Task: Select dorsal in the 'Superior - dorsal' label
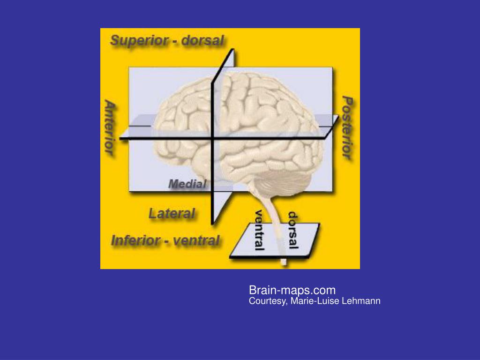(202, 41)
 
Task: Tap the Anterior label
(109, 127)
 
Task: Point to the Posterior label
(347, 127)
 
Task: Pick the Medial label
(187, 184)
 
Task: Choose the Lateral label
(172, 214)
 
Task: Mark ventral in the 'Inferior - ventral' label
(196, 241)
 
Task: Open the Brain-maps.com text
(292, 290)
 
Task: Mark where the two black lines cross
(213, 139)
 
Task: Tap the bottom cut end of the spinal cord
(283, 262)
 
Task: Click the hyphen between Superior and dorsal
(174, 41)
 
